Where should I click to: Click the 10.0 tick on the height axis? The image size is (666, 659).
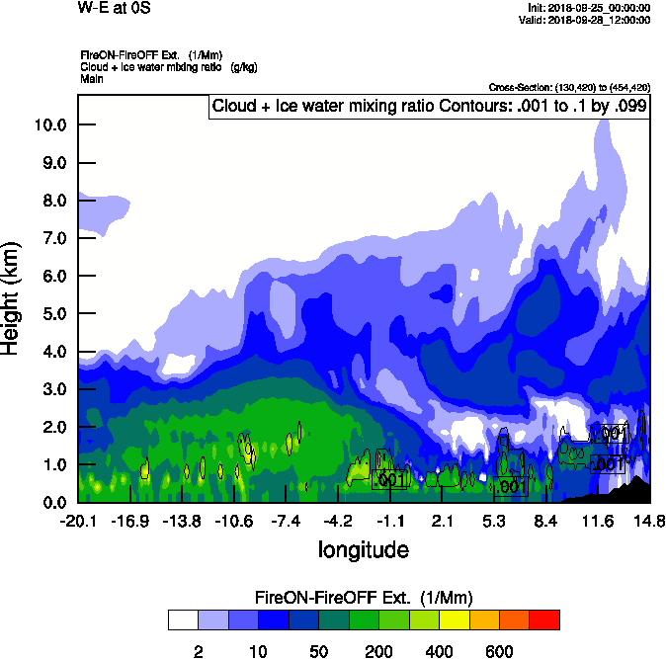point(50,124)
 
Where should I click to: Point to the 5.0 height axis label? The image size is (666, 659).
point(50,313)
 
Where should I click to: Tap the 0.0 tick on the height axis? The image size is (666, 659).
point(50,502)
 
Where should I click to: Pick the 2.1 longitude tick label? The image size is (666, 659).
point(442,521)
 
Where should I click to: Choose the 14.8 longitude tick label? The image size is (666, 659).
point(649,521)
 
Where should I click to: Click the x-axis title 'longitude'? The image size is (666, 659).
point(363,548)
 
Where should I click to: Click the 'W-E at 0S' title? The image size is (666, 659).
point(113,8)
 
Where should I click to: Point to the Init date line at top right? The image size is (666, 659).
point(589,8)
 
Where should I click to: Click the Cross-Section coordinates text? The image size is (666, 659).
point(569,88)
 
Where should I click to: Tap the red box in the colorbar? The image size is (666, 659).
point(544,619)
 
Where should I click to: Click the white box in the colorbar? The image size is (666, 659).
point(182,619)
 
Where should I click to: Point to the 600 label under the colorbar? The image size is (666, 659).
point(499,651)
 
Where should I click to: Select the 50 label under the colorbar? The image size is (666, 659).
point(318,651)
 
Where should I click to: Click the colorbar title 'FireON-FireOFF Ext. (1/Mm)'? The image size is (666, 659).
point(364,598)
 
